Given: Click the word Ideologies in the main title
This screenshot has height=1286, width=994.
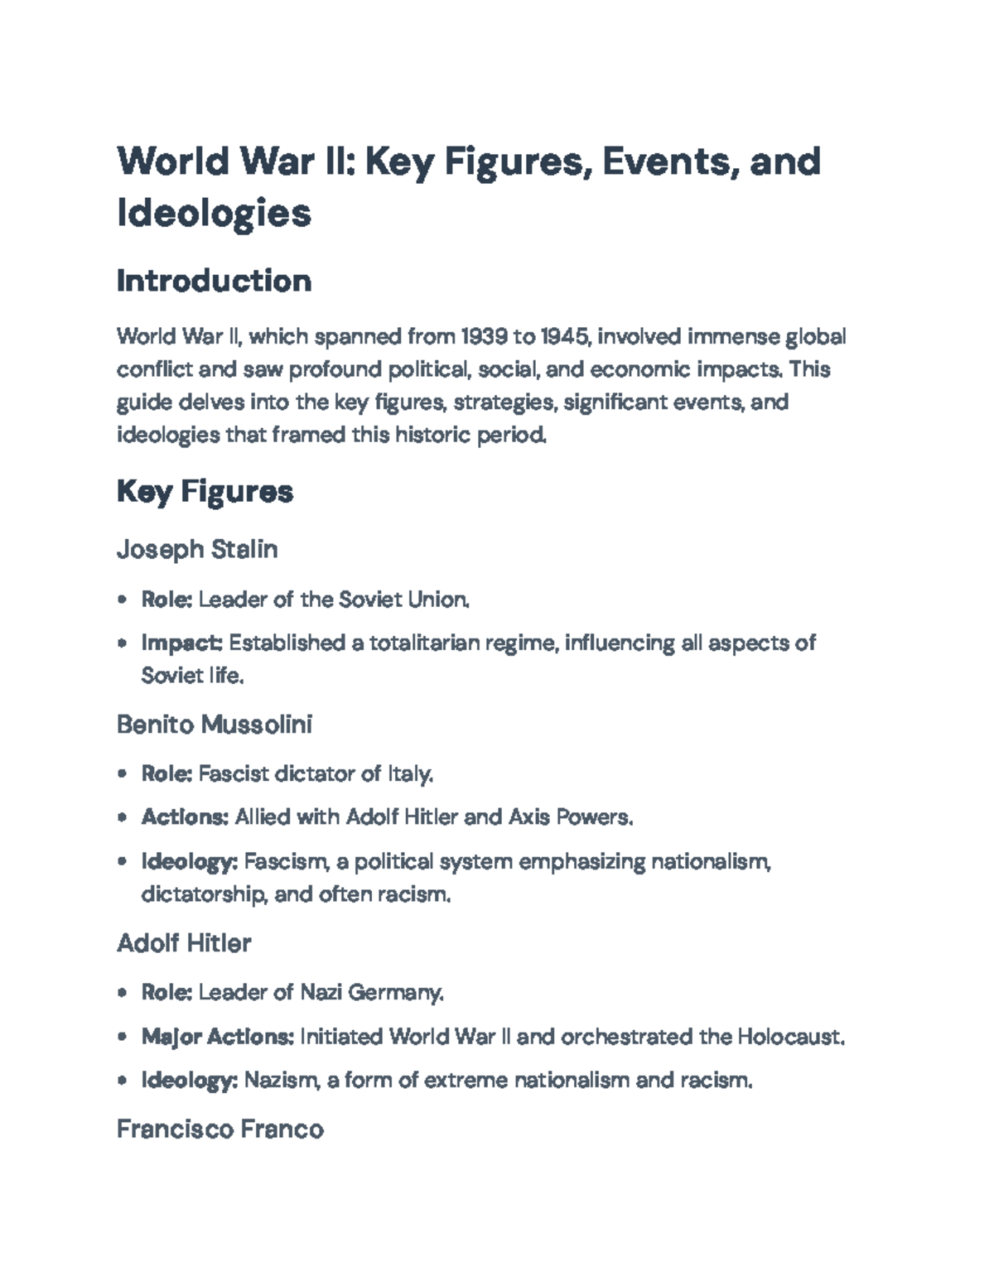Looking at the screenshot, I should click(x=214, y=213).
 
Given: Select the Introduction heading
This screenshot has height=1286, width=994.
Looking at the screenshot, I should click(x=214, y=282).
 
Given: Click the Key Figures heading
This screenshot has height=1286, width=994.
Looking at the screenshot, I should click(x=205, y=492).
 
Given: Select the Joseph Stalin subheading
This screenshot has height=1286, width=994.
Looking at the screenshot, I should click(x=197, y=549).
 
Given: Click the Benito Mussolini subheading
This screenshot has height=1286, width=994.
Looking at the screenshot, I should click(x=215, y=725).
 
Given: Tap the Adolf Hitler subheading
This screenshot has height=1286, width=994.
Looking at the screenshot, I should click(x=184, y=943).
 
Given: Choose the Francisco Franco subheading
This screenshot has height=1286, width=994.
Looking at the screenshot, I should click(x=220, y=1129).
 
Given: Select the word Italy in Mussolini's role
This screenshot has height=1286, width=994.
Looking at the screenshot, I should click(x=409, y=774).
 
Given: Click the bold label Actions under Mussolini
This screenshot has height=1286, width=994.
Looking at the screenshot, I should click(x=184, y=817).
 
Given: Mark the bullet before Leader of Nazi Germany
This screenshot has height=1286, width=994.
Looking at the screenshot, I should click(x=123, y=992).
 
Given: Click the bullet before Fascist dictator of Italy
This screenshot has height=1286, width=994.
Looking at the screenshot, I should click(x=123, y=774).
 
